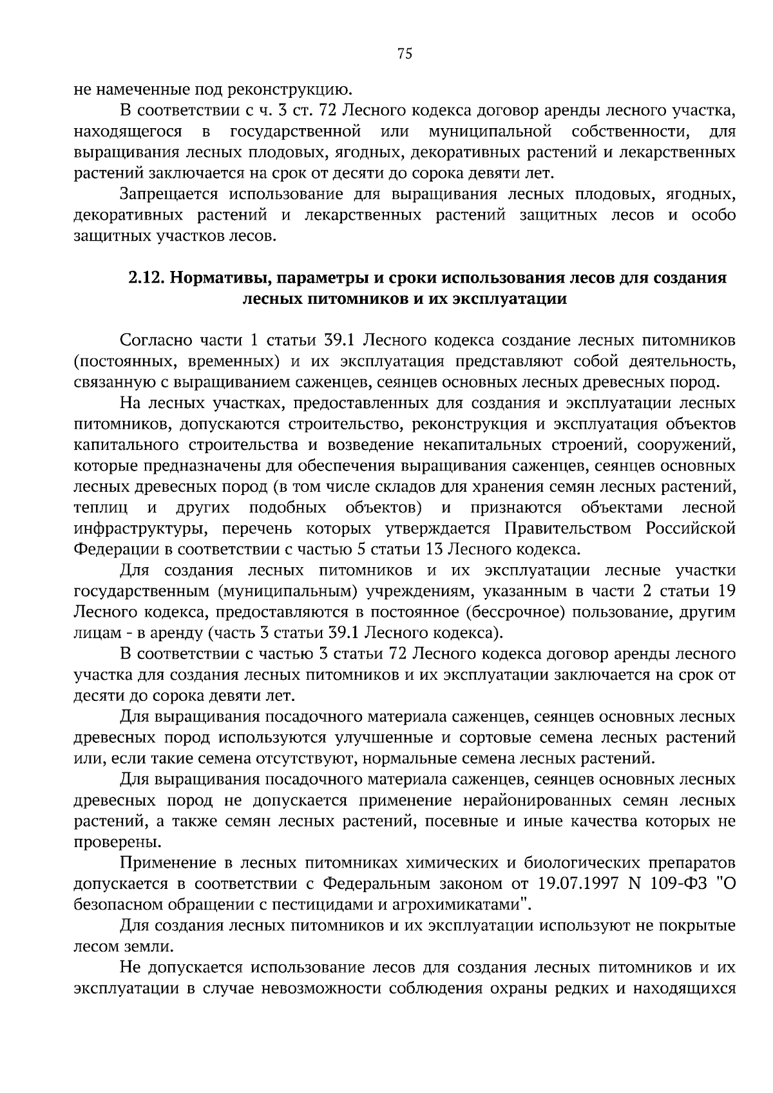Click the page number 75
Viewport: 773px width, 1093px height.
coord(405,54)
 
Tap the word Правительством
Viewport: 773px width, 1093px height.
coord(569,529)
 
